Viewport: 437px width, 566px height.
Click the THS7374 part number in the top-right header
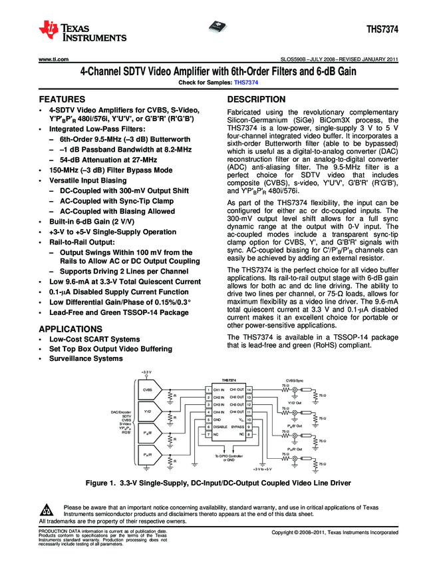382,30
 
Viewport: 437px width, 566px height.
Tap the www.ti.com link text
55,60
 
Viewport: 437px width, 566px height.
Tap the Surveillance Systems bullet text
91,358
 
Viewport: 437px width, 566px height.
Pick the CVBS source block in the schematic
148,390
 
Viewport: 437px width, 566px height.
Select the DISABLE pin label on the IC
220,427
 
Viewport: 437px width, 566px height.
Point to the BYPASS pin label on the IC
237,427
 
